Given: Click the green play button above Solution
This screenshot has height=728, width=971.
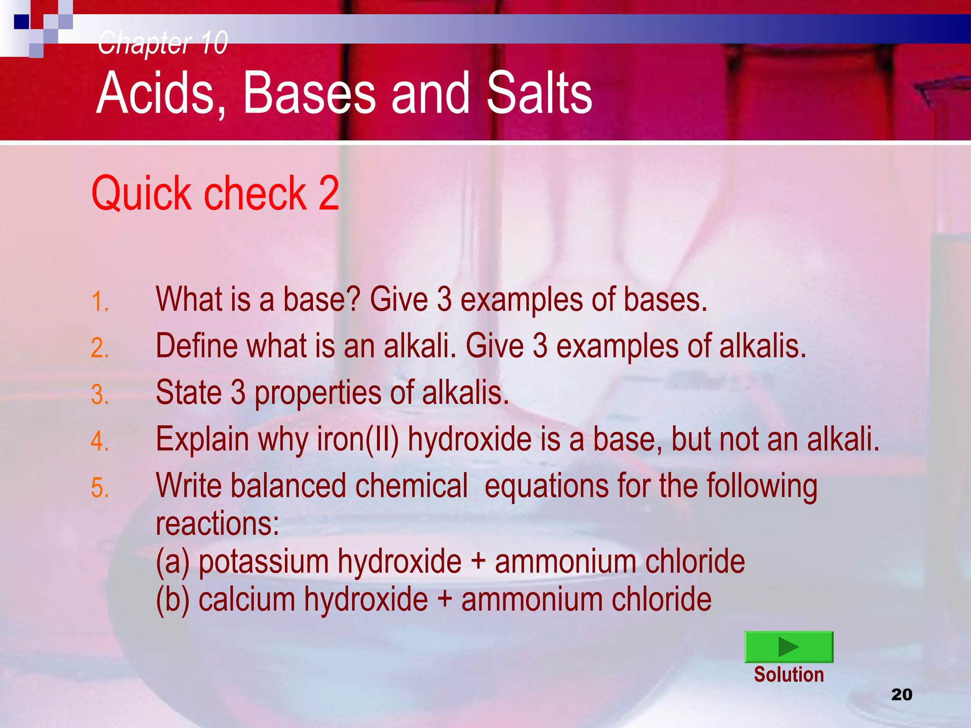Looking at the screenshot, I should point(788,646).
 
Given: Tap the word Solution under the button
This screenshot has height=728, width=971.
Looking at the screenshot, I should point(789,674).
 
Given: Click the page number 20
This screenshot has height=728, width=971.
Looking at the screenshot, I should point(902,694).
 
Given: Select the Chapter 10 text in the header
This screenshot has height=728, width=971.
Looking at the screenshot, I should point(163,43).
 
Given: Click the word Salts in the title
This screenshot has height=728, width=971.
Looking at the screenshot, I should point(539,93).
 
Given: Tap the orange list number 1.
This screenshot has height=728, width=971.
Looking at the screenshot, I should point(100,302).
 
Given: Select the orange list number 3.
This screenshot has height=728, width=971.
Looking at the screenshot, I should point(100,394).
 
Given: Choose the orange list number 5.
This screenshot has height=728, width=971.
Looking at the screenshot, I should point(100,488).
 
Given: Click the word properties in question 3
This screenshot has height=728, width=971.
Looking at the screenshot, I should point(318,393).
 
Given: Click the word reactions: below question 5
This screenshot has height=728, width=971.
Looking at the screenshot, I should point(218,524).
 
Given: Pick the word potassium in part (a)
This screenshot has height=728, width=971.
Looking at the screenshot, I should point(263,562).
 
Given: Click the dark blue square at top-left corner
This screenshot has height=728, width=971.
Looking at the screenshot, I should point(21,22).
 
